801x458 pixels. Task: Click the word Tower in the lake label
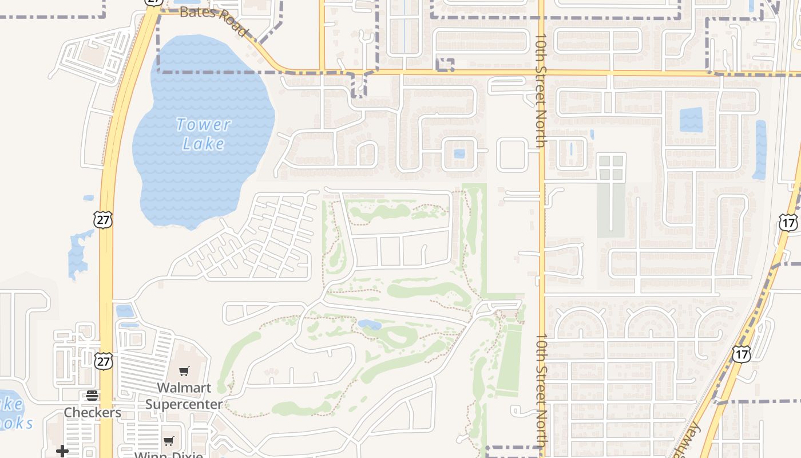click(203, 124)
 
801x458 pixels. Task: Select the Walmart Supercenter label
click(184, 396)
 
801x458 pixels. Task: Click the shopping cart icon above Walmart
click(184, 372)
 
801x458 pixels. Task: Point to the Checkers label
click(92, 412)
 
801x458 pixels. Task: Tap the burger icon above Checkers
click(92, 395)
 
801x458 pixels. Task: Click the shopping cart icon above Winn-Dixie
click(169, 441)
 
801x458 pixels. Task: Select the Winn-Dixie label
click(169, 455)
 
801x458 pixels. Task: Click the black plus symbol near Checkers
click(62, 451)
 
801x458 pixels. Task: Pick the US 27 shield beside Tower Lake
click(104, 219)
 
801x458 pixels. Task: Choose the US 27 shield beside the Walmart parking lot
click(104, 361)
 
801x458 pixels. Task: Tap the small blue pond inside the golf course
click(370, 325)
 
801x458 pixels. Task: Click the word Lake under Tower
click(203, 143)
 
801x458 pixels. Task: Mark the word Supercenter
click(184, 404)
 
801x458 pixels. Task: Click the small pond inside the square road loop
click(459, 153)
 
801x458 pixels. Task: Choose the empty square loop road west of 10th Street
click(513, 155)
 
